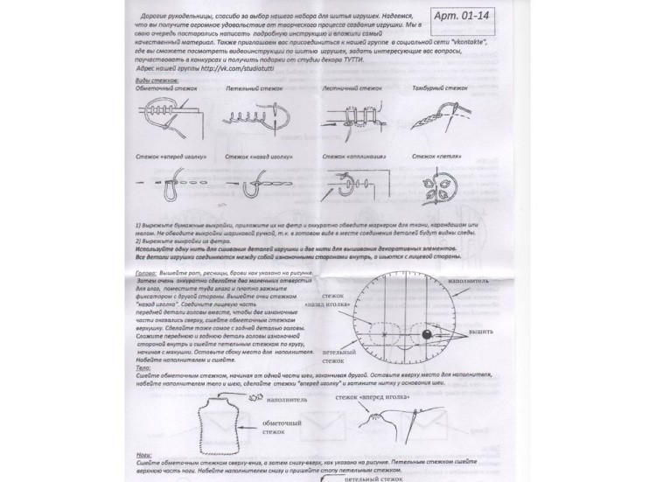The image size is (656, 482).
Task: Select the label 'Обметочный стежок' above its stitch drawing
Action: [x=166, y=89]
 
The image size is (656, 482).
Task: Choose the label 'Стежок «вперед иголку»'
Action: [x=169, y=156]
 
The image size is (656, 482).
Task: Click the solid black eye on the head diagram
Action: [x=426, y=334]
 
